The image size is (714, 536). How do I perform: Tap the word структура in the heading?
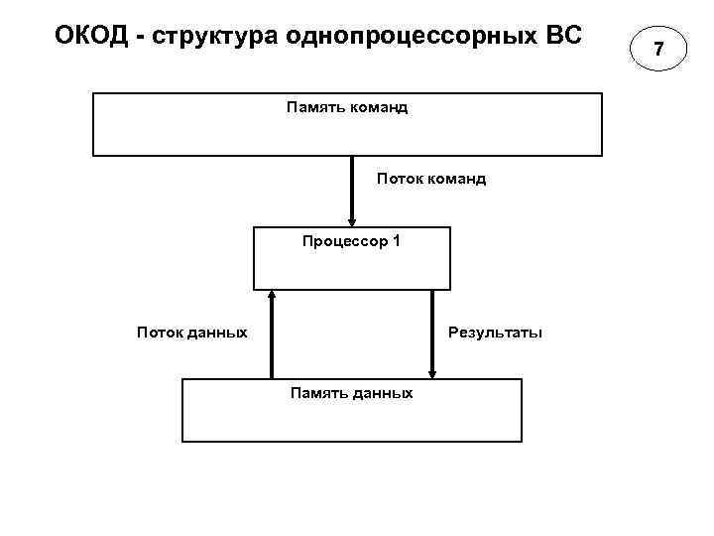(x=209, y=37)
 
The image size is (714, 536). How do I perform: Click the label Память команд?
(x=347, y=106)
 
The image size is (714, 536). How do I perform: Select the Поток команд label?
(x=431, y=180)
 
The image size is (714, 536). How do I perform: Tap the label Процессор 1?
(x=351, y=241)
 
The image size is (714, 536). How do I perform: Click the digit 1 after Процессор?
(x=397, y=241)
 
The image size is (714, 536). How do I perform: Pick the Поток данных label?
(x=192, y=332)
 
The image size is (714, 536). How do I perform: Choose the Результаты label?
(x=496, y=332)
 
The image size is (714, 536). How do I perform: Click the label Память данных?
(x=351, y=393)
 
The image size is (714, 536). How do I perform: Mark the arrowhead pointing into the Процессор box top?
(x=351, y=221)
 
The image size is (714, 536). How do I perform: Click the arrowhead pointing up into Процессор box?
(x=272, y=295)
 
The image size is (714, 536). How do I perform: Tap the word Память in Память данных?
(x=319, y=393)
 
